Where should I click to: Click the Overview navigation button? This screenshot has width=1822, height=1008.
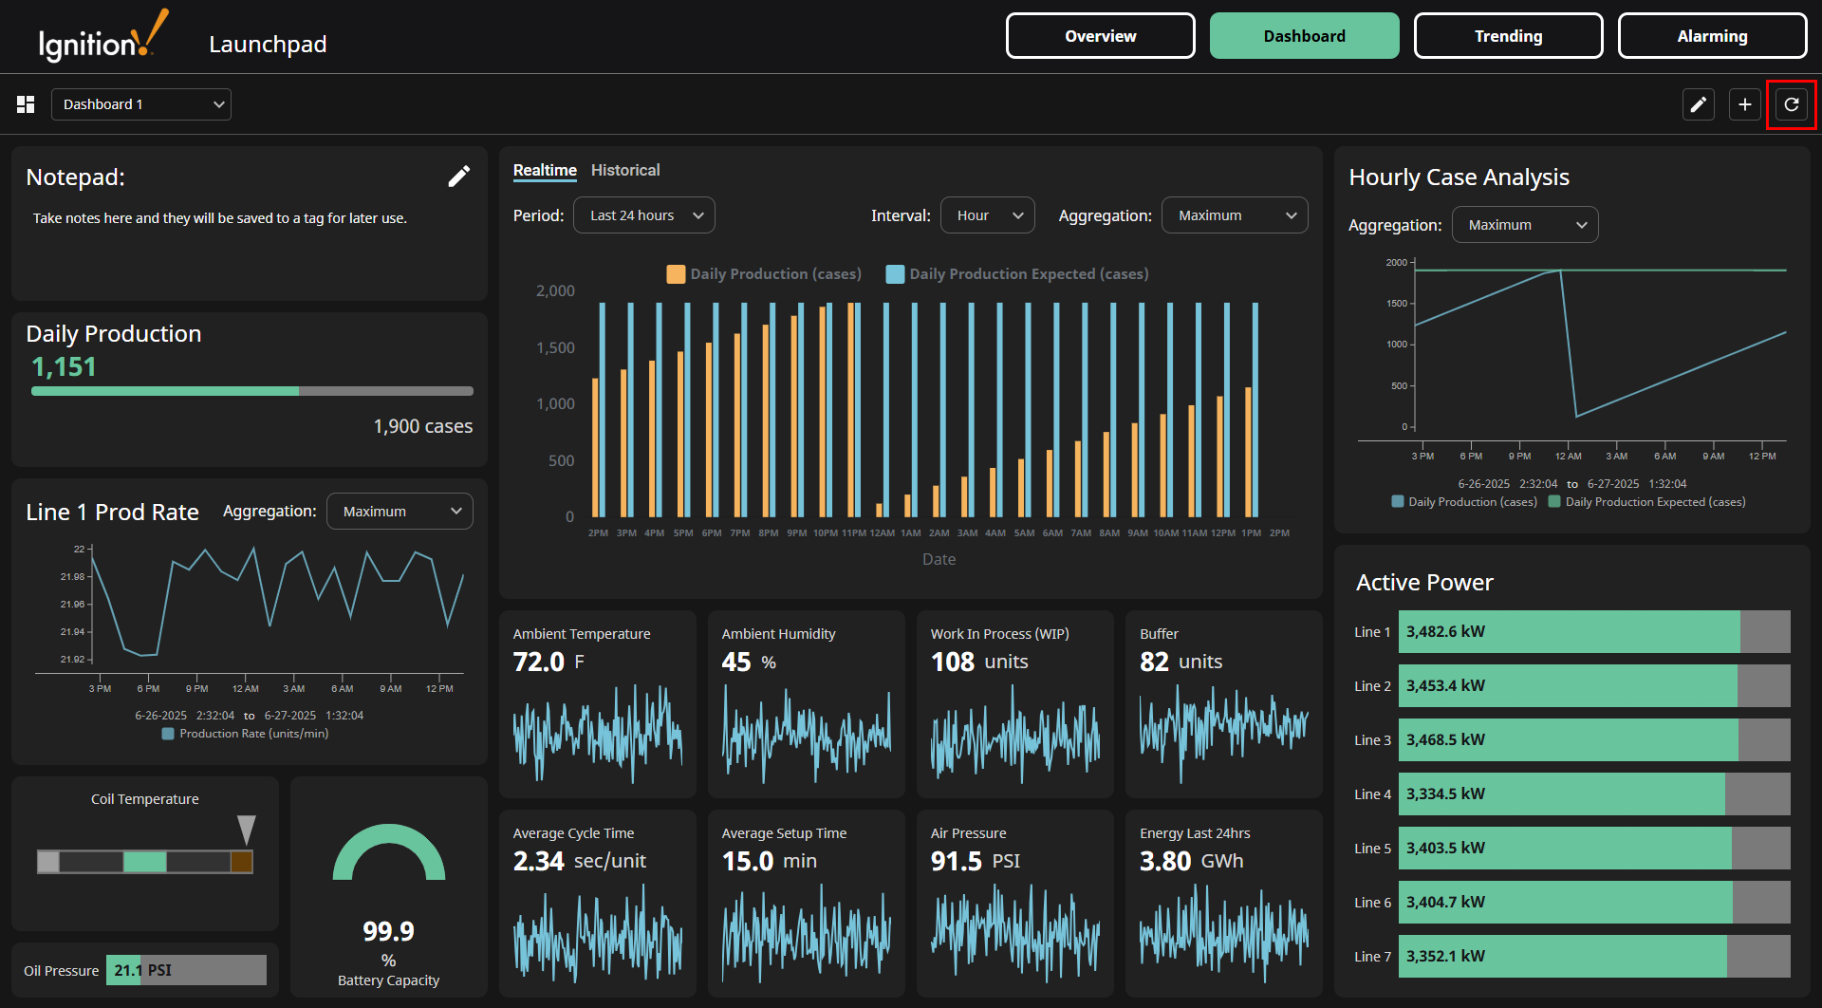point(1100,36)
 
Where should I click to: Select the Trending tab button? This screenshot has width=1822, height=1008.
point(1508,36)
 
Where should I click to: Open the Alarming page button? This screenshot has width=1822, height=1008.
point(1712,36)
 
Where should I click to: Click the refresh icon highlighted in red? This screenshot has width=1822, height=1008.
point(1791,104)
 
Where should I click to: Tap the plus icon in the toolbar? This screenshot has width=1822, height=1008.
point(1744,104)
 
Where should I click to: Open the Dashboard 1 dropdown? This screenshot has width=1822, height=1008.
point(141,104)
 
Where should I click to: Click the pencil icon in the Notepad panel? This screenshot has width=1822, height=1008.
point(458,177)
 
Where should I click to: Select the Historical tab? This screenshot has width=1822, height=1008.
point(624,170)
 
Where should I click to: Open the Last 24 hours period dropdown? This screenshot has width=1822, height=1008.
point(644,215)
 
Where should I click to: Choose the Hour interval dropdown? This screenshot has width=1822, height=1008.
point(987,215)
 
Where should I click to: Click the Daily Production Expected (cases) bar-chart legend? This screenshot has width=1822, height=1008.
point(1016,274)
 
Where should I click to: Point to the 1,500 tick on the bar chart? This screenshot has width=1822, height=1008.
point(555,348)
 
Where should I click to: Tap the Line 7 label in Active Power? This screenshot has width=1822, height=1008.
point(1372,957)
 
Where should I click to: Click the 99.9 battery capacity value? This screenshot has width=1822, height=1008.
point(388,931)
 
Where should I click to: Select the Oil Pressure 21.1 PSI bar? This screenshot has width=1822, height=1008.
point(186,970)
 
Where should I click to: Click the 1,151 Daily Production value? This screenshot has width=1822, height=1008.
point(64,367)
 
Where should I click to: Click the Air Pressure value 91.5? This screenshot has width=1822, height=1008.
point(957,861)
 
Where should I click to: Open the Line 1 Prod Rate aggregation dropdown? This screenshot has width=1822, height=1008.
point(400,512)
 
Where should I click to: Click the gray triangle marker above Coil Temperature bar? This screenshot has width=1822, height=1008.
point(247,828)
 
